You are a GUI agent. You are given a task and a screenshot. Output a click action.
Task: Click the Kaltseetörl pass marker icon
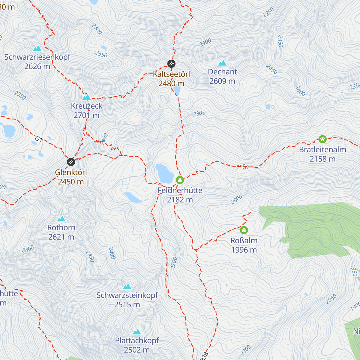pyautogui.click(x=171, y=64)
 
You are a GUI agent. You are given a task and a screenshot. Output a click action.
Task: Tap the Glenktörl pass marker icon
pyautogui.click(x=71, y=162)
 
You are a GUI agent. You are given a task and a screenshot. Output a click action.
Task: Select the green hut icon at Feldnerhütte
pyautogui.click(x=180, y=180)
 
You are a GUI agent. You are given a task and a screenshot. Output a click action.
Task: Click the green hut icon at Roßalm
pyautogui.click(x=244, y=230)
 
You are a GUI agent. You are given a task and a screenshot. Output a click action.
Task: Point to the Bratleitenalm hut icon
pyautogui.click(x=322, y=139)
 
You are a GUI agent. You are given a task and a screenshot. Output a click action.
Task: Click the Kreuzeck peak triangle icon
pyautogui.click(x=86, y=97)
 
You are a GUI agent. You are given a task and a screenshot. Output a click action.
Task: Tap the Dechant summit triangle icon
pyautogui.click(x=222, y=63)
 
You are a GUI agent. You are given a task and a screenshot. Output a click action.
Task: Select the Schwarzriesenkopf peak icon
pyautogui.click(x=37, y=48)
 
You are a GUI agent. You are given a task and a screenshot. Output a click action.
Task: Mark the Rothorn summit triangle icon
pyautogui.click(x=61, y=219)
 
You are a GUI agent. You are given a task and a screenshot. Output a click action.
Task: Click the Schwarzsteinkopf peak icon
pyautogui.click(x=127, y=286)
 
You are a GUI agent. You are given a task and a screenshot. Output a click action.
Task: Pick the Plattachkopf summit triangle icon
pyautogui.click(x=137, y=331)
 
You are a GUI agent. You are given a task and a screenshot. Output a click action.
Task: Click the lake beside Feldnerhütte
pyautogui.click(x=164, y=174)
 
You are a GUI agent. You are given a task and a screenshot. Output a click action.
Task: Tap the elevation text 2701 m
pyautogui.click(x=86, y=115)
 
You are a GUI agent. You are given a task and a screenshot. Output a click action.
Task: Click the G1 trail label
pyautogui.click(x=38, y=139)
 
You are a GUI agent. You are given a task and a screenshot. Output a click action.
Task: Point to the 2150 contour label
pyautogui.click(x=242, y=167)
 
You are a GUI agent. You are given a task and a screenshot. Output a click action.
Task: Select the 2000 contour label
pyautogui.click(x=236, y=199)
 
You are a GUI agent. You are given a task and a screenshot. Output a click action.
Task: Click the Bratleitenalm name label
pyautogui.click(x=322, y=149)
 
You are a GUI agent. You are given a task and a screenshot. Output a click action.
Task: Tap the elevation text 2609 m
pyautogui.click(x=222, y=81)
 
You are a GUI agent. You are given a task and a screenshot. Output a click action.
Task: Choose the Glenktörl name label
pyautogui.click(x=71, y=172)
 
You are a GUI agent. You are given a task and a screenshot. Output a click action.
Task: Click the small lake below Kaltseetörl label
pyautogui.click(x=177, y=90)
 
